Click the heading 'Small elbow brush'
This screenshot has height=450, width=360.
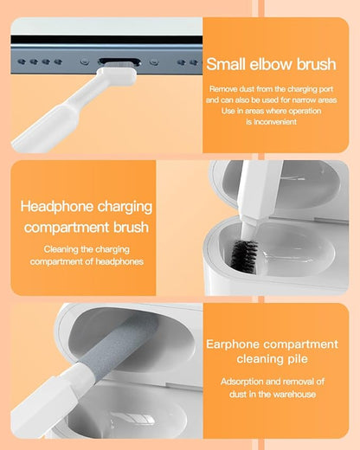pos(272,63)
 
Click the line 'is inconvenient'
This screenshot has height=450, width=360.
pos(272,122)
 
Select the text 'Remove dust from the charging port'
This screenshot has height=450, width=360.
pos(272,88)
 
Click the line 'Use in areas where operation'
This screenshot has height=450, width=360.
pos(272,111)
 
